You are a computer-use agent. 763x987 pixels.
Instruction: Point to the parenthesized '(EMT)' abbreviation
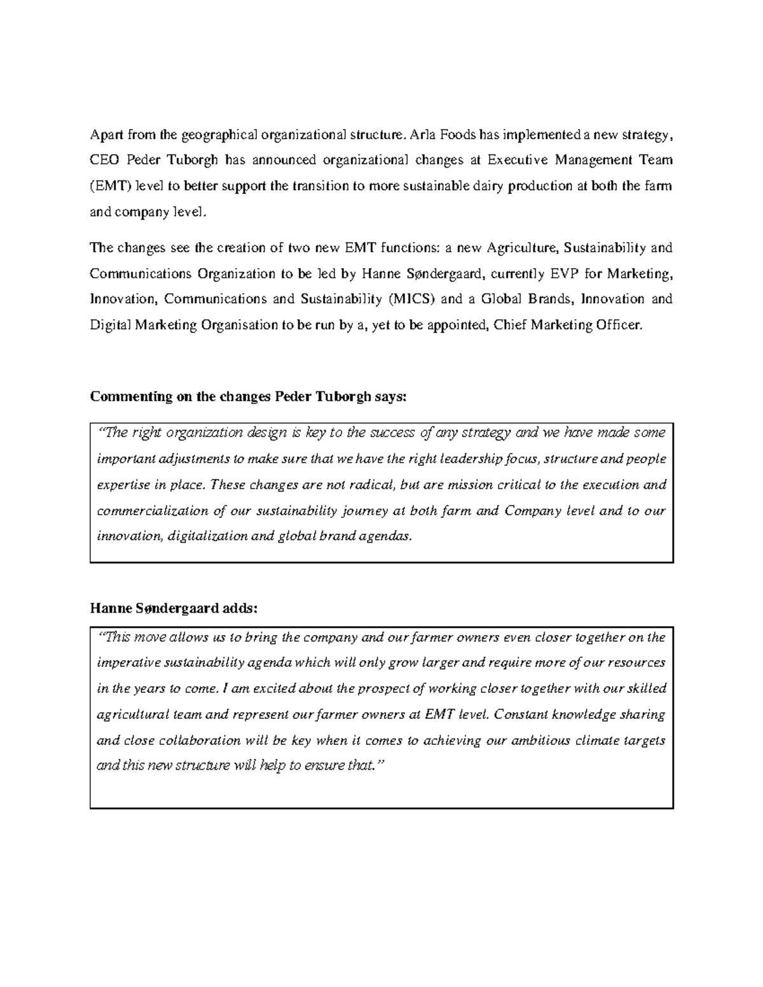click(109, 186)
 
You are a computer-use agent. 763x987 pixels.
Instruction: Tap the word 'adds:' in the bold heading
click(239, 609)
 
